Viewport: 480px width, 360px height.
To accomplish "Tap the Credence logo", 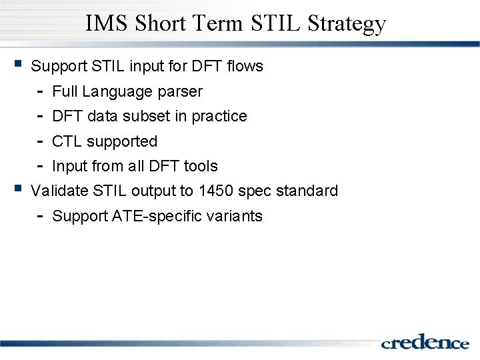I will tap(425, 342).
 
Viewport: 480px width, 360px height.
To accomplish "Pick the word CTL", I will tap(67, 141).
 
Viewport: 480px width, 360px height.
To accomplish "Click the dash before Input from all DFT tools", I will tap(40, 166).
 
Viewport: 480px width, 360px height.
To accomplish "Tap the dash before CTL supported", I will tap(40, 141).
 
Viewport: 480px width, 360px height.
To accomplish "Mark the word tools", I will tap(201, 166).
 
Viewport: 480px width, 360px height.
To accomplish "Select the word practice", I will tap(219, 117).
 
